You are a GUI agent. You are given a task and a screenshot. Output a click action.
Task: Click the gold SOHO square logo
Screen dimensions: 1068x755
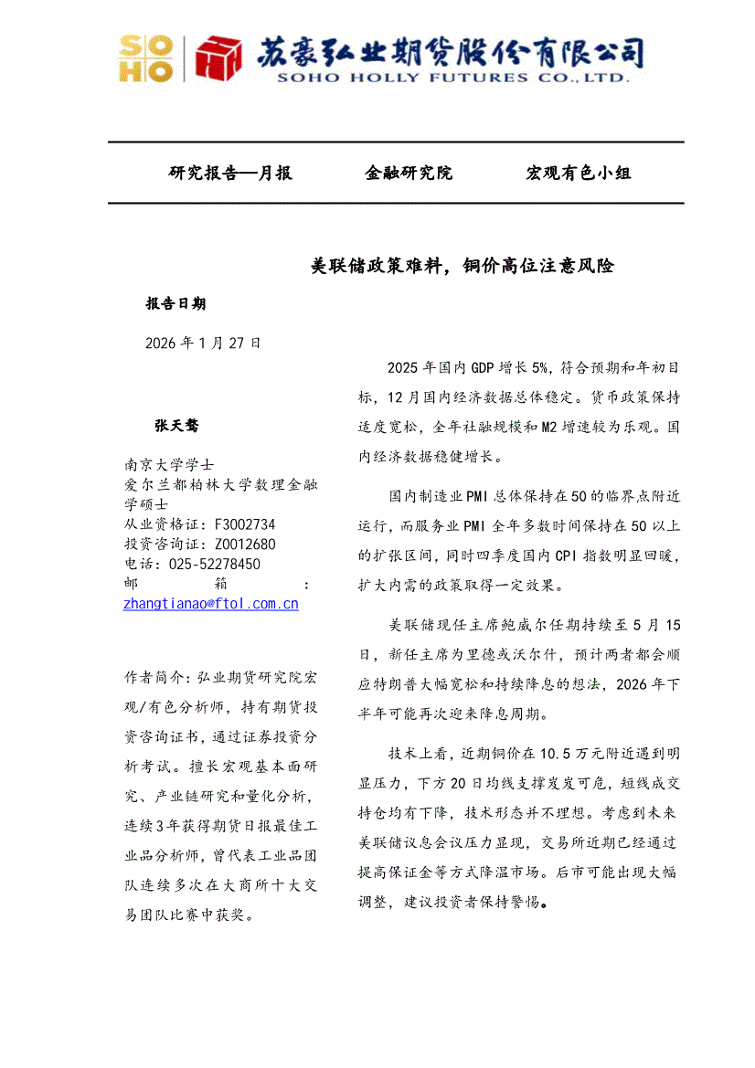pos(146,59)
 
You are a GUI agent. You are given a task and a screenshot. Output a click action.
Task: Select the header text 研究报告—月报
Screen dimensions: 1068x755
pos(230,173)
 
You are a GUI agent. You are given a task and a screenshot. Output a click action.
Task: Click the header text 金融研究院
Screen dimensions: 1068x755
pos(409,173)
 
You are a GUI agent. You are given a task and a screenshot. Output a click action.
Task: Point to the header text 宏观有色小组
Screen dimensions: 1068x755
pos(579,173)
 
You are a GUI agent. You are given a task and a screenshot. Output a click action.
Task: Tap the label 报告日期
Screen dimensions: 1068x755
pos(175,303)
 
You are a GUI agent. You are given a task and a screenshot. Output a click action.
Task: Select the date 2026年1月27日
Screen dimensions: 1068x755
pos(203,343)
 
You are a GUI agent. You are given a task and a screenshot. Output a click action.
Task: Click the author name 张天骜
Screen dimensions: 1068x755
pos(175,426)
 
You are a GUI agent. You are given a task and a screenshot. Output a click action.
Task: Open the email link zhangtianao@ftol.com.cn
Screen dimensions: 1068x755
pos(211,604)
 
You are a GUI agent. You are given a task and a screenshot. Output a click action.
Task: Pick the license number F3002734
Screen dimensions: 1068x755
pos(245,524)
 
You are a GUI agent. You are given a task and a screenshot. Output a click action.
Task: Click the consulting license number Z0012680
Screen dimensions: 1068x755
pos(245,545)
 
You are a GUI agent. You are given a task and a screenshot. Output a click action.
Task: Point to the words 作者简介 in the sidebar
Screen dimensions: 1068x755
pos(153,677)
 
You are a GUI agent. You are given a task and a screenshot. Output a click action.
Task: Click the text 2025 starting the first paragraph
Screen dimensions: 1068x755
pos(403,367)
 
